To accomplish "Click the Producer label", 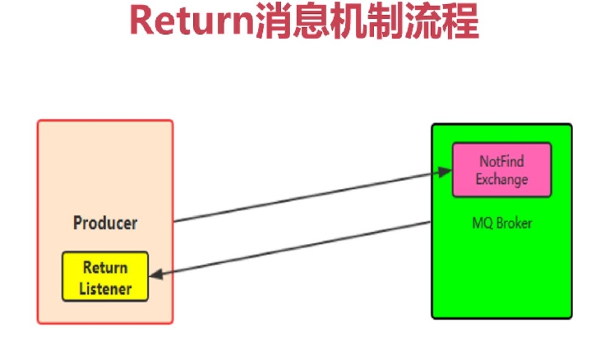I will point(105,223).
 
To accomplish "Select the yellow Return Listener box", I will point(105,277).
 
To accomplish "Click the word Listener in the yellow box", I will point(105,288).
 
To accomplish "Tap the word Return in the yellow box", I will point(105,268).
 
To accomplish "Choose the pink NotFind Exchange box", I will point(501,170).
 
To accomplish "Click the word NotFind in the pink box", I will point(501,161).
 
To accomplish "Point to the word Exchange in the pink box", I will point(501,180).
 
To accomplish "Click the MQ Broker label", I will point(502,223).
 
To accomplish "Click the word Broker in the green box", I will point(514,223).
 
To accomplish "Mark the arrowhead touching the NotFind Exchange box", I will point(446,173).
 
